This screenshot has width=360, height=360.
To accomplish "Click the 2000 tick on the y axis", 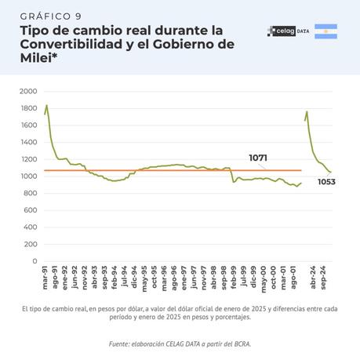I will click(x=28, y=91).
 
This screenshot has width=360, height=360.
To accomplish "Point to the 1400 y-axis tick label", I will click(x=28, y=142).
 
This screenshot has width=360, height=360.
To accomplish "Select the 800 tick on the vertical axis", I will click(x=30, y=193).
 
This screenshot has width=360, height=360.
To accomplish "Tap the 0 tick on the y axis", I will click(x=35, y=261).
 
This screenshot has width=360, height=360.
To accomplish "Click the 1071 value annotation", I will click(x=258, y=158).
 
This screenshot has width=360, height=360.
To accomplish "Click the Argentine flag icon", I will click(x=325, y=31).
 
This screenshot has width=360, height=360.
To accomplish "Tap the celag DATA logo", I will click(x=287, y=31).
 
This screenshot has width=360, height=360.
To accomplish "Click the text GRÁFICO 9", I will click(x=50, y=16).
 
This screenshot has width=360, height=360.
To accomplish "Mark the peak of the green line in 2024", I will click(x=307, y=111).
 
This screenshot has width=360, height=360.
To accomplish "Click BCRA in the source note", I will click(x=240, y=344).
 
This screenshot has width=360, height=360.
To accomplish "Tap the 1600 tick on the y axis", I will click(x=28, y=125).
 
